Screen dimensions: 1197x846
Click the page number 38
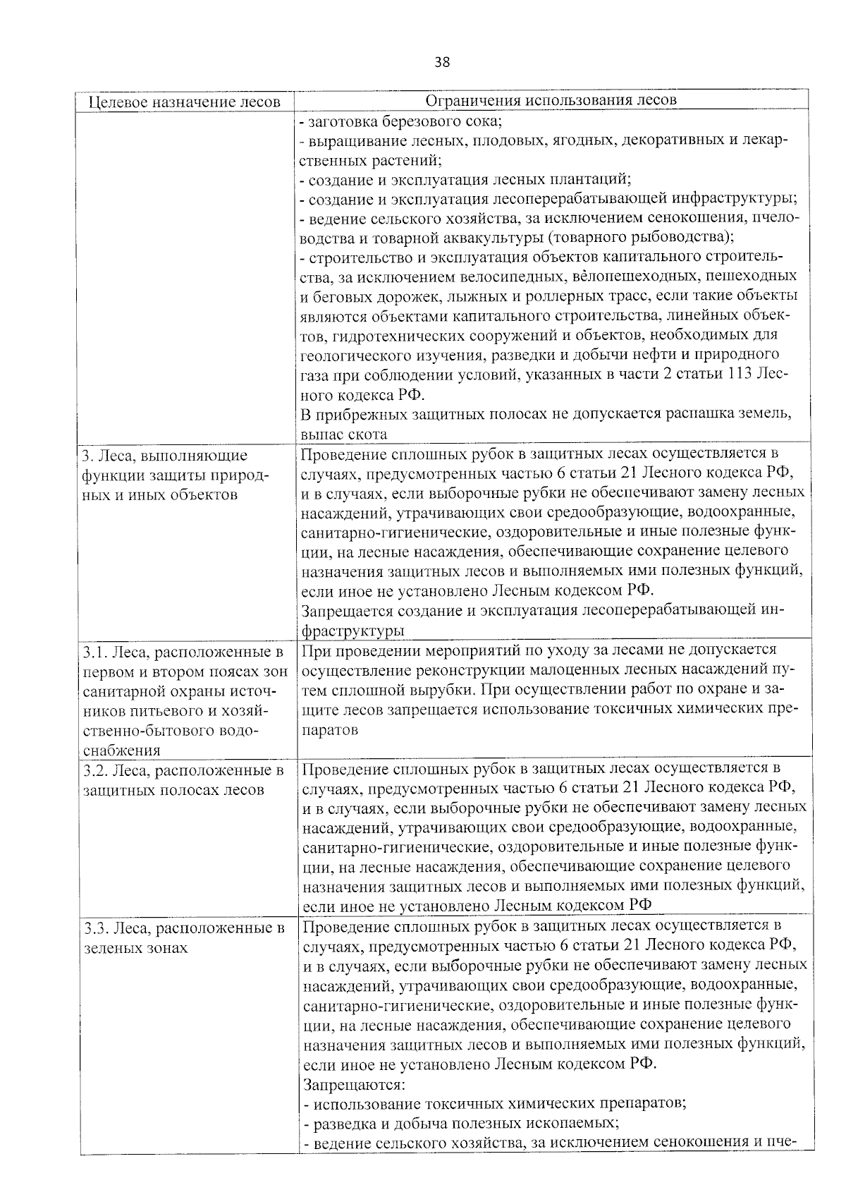tap(442, 62)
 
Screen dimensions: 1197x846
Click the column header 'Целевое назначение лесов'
tap(185, 101)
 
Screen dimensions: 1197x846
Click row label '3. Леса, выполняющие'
tap(165, 455)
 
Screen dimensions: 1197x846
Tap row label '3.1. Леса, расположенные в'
tap(183, 650)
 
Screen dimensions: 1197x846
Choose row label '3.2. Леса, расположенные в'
tap(183, 770)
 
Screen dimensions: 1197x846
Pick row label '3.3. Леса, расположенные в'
tap(183, 928)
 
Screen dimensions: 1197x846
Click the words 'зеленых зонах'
tap(135, 947)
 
